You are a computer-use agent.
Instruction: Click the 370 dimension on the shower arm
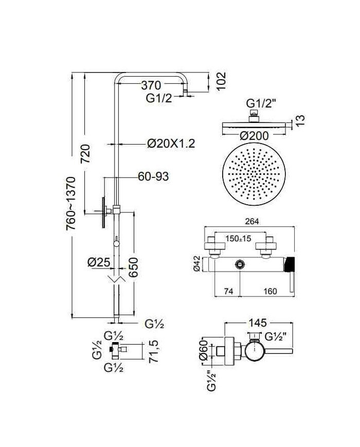point(151,85)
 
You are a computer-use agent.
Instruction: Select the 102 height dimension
point(222,82)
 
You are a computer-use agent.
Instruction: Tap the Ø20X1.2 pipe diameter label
point(171,144)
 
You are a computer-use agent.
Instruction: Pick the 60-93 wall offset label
point(153,176)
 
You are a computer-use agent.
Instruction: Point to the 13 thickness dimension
point(301,120)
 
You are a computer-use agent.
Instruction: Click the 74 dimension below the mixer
point(229,291)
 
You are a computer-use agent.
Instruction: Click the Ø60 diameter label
point(202,350)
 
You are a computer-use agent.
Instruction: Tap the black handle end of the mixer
point(291,263)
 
